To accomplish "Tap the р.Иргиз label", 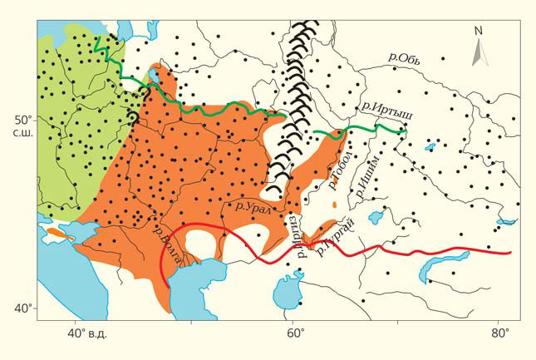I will [x=294, y=235].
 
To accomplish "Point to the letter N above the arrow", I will [x=478, y=31].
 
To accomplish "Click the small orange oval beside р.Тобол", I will [x=333, y=204].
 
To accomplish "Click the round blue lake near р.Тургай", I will [x=374, y=219].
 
